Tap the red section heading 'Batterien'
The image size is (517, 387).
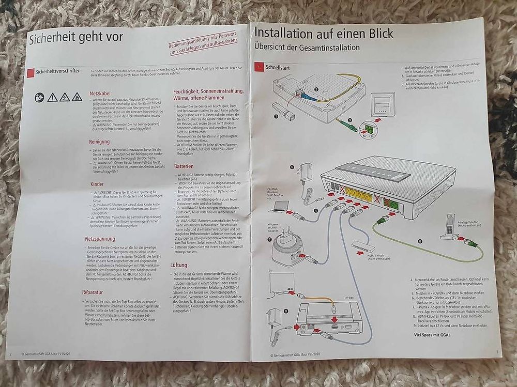tap(184, 167)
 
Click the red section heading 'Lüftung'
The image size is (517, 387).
tap(179, 265)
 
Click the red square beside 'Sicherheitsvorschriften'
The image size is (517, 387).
tap(32, 71)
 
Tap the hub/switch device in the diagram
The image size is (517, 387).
tap(364, 247)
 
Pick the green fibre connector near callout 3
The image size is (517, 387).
tap(347, 125)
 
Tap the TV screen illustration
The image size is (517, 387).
tap(283, 284)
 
